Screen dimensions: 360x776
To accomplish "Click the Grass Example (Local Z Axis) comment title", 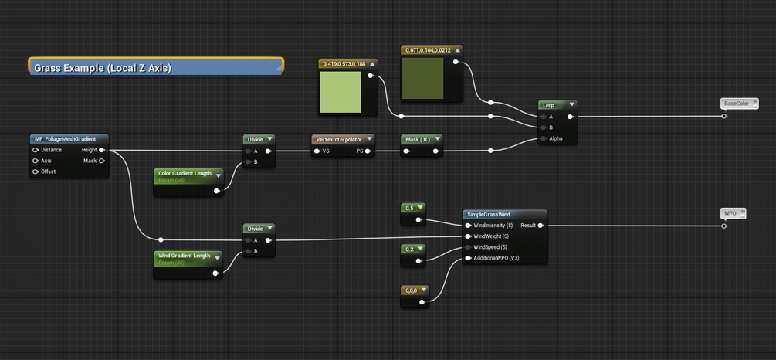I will click(x=103, y=68).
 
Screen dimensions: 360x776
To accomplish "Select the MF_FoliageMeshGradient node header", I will click(x=65, y=139).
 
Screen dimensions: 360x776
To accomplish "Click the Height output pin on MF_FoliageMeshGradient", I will click(x=102, y=150).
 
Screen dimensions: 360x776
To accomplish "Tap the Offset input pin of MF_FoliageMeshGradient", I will click(x=36, y=172).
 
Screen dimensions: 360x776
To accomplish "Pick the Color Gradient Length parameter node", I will click(x=185, y=174).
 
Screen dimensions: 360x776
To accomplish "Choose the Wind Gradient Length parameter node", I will click(x=184, y=256).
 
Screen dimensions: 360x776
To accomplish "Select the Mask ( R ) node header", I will click(x=417, y=139).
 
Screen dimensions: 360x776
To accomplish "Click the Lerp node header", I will click(x=549, y=104).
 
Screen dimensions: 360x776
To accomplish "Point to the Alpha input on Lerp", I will click(x=544, y=139).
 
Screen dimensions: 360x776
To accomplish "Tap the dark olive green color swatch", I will click(x=423, y=78).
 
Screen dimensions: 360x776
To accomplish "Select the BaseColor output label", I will click(x=736, y=104).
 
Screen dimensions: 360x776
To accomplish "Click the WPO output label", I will click(x=730, y=212).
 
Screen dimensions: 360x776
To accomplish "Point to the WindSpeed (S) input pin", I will click(x=468, y=247).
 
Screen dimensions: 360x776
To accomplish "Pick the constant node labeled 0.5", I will click(x=409, y=209).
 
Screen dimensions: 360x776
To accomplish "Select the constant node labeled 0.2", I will click(x=409, y=249).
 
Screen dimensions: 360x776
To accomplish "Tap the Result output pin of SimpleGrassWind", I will click(x=540, y=226).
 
